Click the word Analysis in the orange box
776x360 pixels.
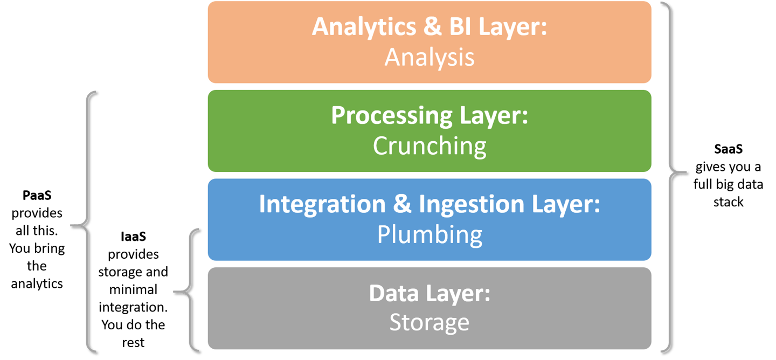429,57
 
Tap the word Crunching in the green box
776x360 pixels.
429,146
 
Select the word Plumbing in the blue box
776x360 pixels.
429,234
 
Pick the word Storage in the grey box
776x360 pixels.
429,322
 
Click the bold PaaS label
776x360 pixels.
37,195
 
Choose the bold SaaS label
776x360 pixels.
728,148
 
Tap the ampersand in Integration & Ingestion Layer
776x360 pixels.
402,205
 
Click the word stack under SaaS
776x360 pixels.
728,202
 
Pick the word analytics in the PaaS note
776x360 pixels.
37,283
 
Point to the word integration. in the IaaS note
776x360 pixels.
133,307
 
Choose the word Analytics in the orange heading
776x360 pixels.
365,27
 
